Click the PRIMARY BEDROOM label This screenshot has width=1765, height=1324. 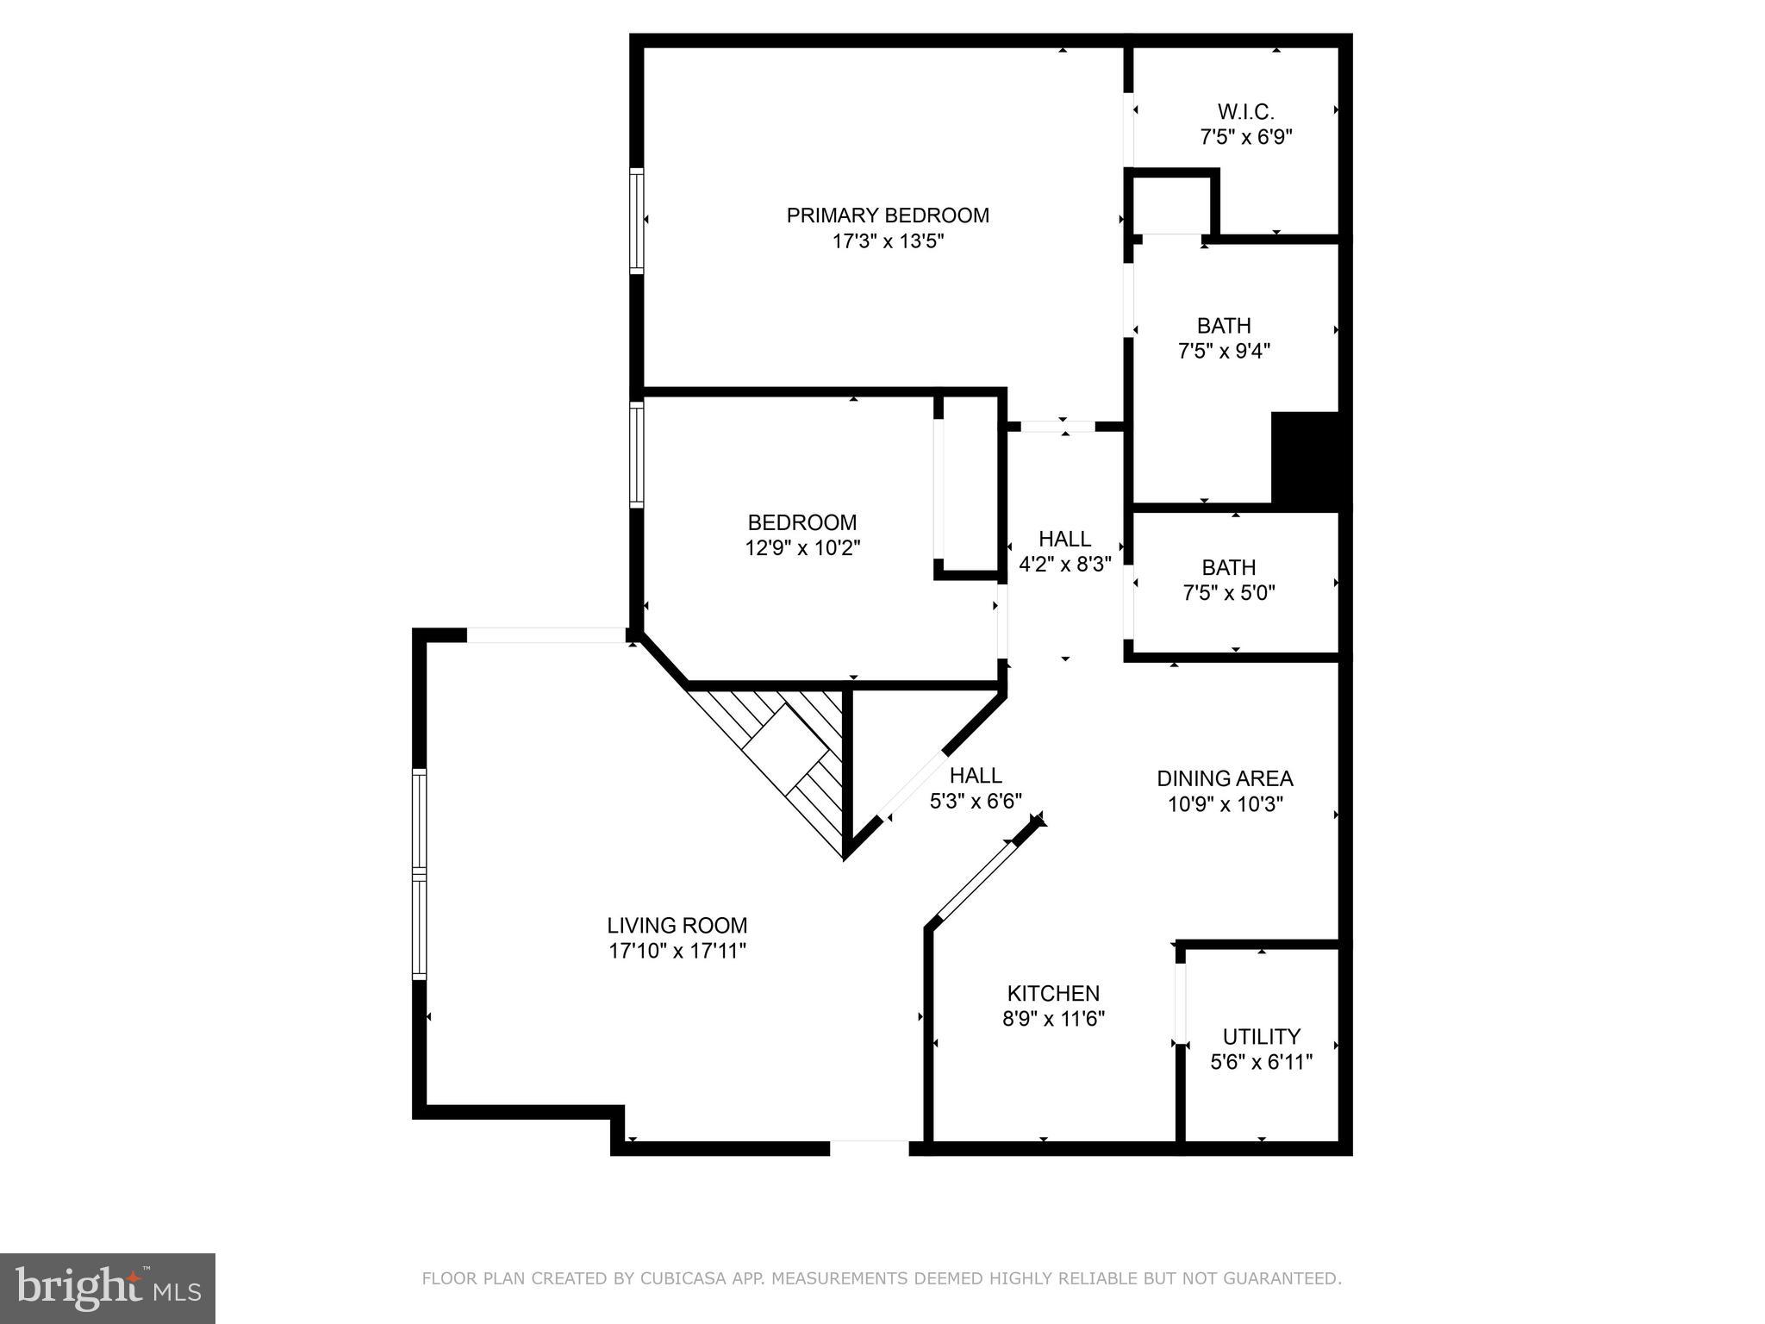(887, 215)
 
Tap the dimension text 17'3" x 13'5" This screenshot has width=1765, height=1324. (887, 241)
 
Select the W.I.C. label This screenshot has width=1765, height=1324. (1245, 112)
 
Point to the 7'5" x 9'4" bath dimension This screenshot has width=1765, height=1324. (1224, 352)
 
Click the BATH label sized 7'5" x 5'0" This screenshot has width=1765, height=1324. (1228, 568)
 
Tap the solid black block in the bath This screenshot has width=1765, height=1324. (1306, 461)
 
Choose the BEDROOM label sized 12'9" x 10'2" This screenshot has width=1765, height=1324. (801, 522)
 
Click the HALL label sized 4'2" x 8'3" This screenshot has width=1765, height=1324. (1064, 539)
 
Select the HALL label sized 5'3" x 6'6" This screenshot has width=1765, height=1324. (976, 776)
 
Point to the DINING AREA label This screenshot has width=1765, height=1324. (1224, 779)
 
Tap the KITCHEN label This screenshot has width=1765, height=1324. (1053, 993)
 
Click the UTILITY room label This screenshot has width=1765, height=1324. (1261, 1036)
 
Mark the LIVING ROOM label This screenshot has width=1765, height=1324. (677, 926)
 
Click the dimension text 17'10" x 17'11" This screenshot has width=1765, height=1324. (677, 952)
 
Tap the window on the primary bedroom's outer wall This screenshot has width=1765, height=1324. (636, 220)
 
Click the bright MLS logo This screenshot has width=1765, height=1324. (107, 1289)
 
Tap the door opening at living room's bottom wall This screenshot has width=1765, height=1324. (869, 1147)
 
